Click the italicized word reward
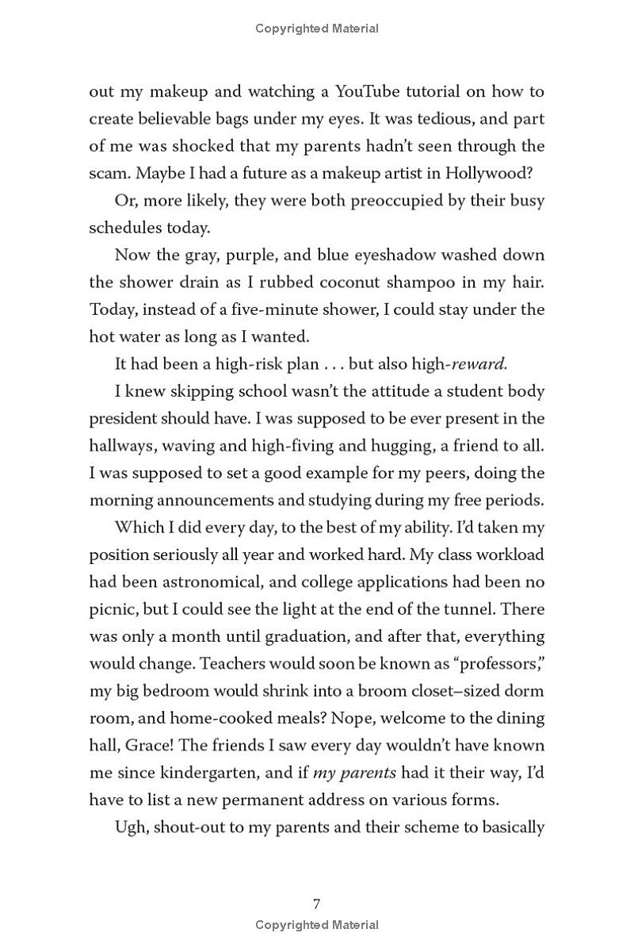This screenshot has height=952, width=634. [479, 364]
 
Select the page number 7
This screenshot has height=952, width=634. [317, 904]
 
